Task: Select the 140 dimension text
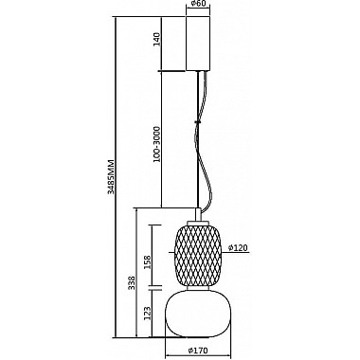(157, 44)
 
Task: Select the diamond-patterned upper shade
(198, 252)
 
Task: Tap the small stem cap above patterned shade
(198, 214)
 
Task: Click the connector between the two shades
(198, 286)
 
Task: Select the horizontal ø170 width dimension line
(198, 340)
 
